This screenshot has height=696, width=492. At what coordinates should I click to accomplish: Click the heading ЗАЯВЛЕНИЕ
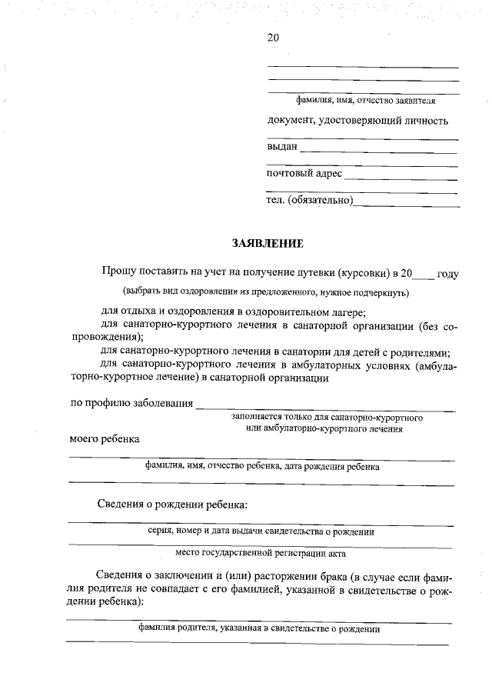coord(268,244)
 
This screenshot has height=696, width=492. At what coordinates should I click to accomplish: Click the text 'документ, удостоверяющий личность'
coord(357,120)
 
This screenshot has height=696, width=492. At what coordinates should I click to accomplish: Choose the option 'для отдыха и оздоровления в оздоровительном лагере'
coord(234,311)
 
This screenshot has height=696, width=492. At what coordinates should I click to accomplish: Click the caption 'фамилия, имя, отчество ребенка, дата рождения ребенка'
coord(262,466)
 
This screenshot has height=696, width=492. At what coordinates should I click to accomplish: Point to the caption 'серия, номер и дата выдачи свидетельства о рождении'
coord(261,531)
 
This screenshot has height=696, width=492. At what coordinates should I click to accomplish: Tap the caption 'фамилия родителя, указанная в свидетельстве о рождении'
coord(260,628)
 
